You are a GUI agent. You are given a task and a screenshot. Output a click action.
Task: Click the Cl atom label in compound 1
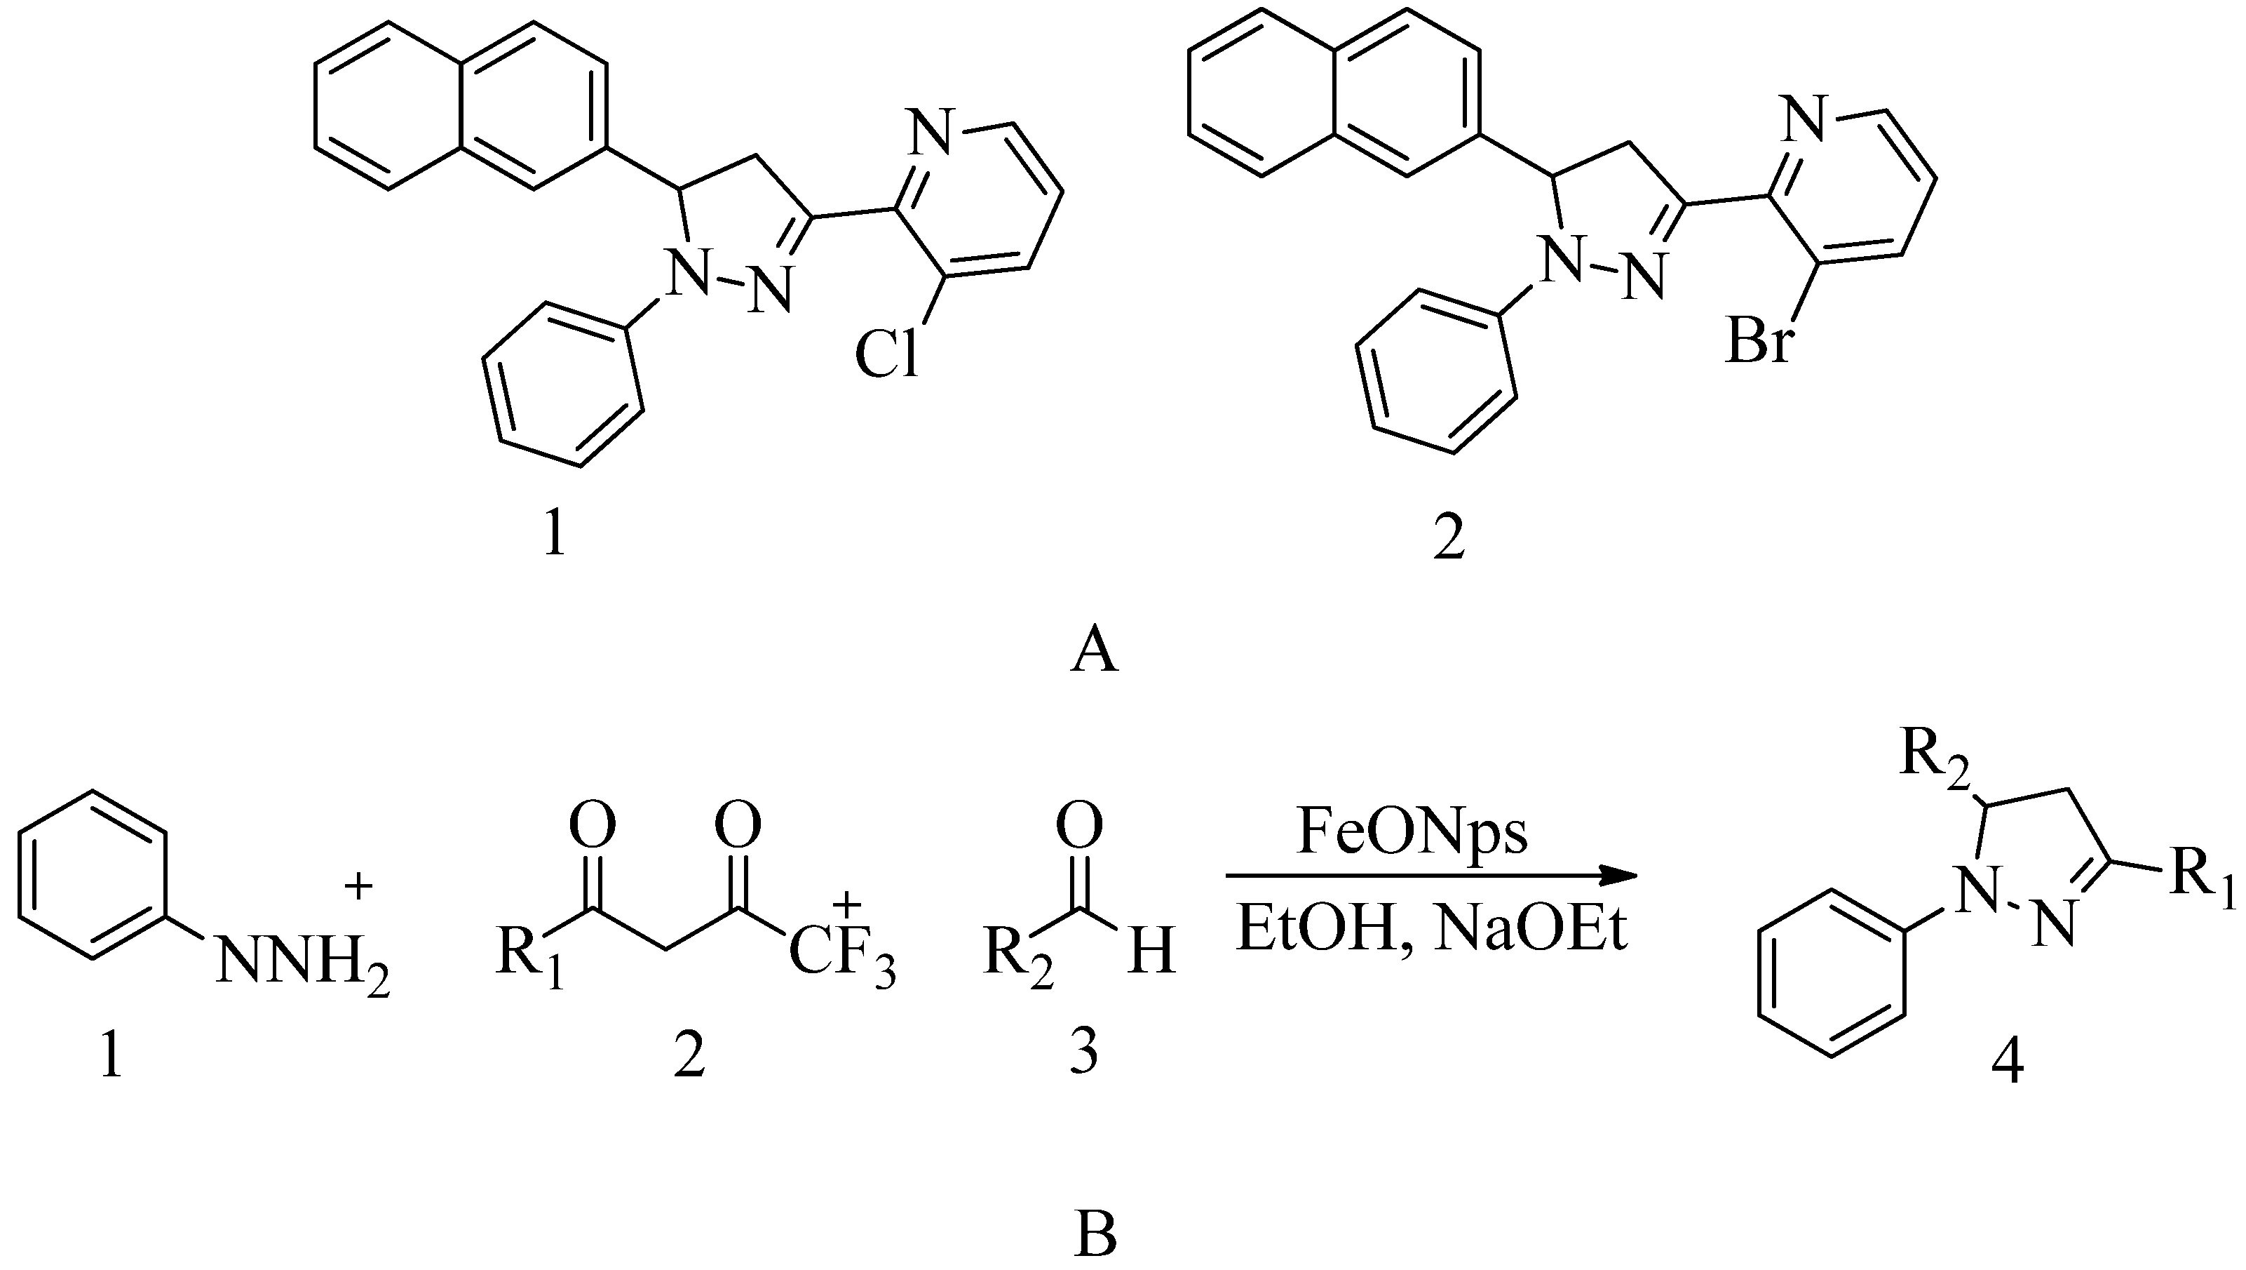(887, 355)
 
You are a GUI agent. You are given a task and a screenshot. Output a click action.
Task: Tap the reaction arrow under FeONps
(1430, 876)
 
